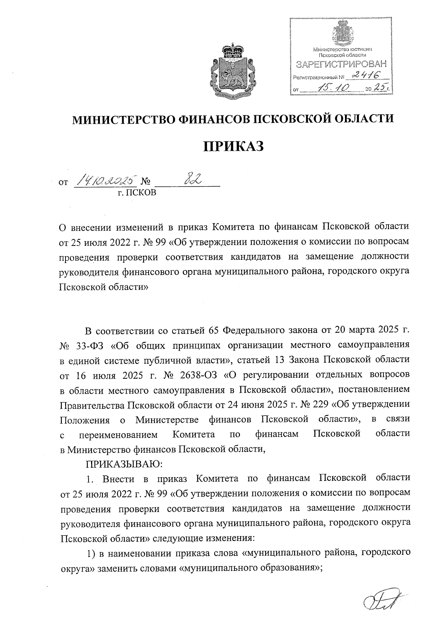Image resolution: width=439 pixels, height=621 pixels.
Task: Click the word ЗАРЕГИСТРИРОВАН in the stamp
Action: (x=341, y=65)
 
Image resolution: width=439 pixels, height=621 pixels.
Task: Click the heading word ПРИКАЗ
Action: (x=233, y=146)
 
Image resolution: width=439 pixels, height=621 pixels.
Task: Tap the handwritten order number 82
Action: (x=195, y=180)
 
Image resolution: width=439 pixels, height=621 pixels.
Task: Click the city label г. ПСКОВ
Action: (x=136, y=192)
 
